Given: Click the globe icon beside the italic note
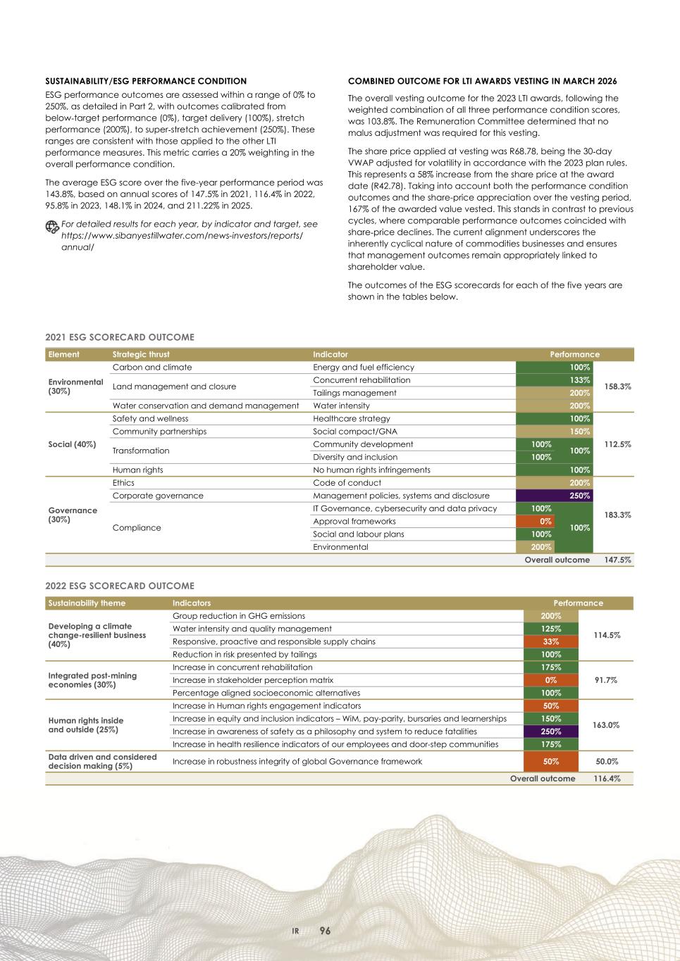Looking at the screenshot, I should pos(51,226).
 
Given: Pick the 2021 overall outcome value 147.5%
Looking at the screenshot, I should pos(617,560).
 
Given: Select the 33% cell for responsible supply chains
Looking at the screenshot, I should pos(550,641).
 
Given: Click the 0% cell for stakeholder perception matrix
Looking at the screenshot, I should pos(550,680).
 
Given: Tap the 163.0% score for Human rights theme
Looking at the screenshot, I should pos(606,725).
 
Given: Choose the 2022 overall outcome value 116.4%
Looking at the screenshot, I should pos(606,779).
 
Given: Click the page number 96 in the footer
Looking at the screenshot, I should pos(325,931).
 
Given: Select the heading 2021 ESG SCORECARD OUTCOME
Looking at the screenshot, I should pos(120,337).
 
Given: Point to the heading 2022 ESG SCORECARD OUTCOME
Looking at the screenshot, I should pos(120,586).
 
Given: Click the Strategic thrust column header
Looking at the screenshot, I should pos(141,354).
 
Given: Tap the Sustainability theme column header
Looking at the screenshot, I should pos(87,603).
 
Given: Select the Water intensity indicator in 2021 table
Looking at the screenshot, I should pos(341,406).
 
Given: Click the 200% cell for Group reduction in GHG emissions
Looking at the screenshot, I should pos(550,616).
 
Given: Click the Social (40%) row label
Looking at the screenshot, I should pos(72,444).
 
